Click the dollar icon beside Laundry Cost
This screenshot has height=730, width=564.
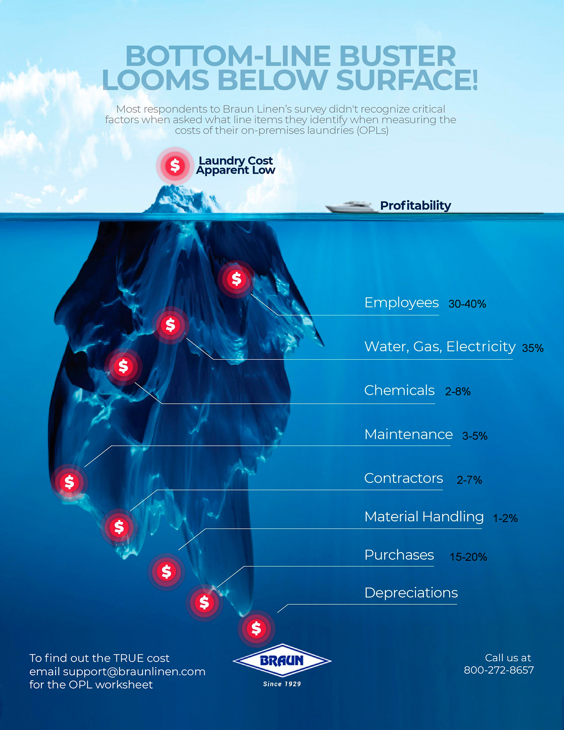click(x=175, y=166)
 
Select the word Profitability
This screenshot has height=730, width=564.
click(x=416, y=206)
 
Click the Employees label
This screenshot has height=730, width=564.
click(x=401, y=303)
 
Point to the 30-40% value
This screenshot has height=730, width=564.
click(x=467, y=304)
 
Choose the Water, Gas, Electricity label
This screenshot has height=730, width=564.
click(x=440, y=346)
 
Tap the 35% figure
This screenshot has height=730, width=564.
click(x=533, y=348)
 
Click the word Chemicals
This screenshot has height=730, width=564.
click(x=399, y=390)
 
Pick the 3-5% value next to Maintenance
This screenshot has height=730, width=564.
click(x=475, y=436)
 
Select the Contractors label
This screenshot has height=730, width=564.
click(x=404, y=478)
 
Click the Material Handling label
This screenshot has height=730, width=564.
click(x=424, y=516)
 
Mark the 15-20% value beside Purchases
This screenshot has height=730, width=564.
click(x=469, y=557)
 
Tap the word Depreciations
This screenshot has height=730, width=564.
click(x=411, y=593)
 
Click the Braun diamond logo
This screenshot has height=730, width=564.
click(x=282, y=660)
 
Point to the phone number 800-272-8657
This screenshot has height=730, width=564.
click(x=499, y=670)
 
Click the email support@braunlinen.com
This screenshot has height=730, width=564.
click(x=134, y=672)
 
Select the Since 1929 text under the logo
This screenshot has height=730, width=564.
click(x=282, y=684)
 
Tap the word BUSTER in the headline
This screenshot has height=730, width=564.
click(x=398, y=56)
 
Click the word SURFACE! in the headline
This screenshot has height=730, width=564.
click(x=407, y=80)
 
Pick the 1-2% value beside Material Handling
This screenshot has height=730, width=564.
click(x=505, y=518)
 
